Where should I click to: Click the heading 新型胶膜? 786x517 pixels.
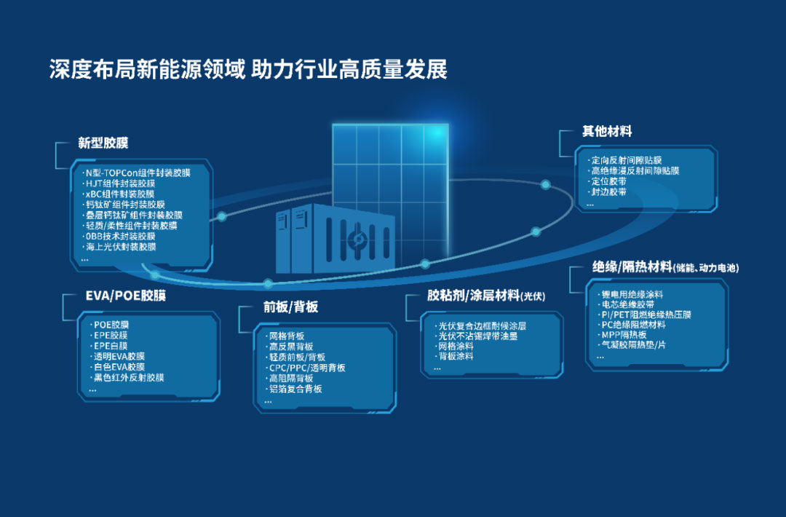click(103, 143)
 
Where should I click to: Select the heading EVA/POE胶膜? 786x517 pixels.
click(126, 296)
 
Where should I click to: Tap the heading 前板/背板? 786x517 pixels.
click(290, 307)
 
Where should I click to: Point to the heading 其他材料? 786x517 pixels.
click(606, 131)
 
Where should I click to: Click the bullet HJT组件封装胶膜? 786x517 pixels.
click(119, 183)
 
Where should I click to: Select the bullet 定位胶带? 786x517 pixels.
click(608, 181)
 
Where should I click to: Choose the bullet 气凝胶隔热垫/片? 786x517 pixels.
click(632, 345)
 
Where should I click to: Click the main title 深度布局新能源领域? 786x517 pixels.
click(147, 69)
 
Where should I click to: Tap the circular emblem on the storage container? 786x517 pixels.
click(357, 239)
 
